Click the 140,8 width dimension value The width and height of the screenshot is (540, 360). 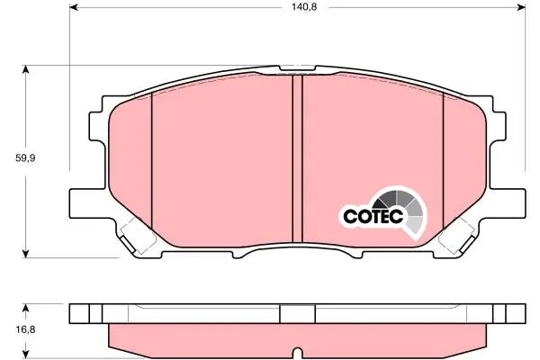tap(304, 7)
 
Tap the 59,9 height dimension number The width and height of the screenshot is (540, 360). tap(25, 158)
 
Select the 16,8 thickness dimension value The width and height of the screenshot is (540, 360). tap(25, 329)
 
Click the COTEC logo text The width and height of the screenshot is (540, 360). tap(373, 216)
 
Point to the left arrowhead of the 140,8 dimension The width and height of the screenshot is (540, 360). tap(74, 7)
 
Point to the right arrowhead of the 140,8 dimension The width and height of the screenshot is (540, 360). tap(522, 7)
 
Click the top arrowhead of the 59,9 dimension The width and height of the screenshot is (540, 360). tap(25, 69)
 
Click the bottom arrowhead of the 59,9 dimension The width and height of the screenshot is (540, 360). tap(25, 254)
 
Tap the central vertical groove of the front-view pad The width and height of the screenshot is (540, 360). tap(297, 158)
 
